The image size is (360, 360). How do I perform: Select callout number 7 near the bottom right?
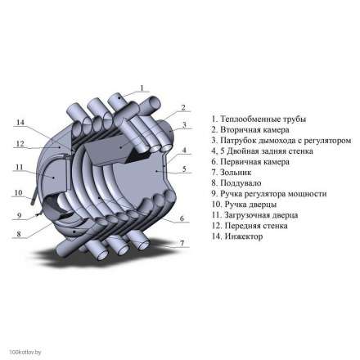[182, 242]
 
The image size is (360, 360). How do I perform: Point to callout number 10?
[16, 193]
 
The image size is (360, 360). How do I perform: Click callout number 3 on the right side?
[185, 124]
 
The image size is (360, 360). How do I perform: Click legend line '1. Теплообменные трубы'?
[246, 119]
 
